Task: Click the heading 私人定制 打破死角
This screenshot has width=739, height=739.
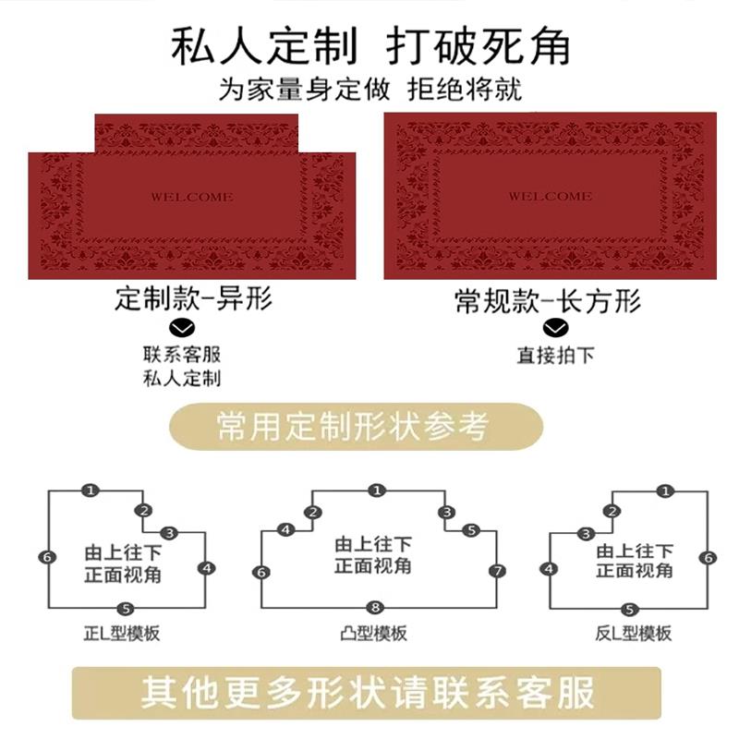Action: pos(369,46)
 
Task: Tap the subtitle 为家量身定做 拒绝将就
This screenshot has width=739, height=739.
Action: pos(369,91)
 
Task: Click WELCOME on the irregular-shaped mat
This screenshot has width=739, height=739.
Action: pos(191,197)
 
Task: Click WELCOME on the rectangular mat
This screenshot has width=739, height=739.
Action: pos(550,197)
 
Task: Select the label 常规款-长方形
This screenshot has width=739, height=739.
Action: pos(548,300)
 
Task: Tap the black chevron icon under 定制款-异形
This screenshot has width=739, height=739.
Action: pos(184,328)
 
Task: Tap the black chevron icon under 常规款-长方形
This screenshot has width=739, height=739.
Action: pos(554,328)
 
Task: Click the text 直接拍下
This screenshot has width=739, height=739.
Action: pos(554,355)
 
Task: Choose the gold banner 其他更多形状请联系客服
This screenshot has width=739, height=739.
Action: pos(368,692)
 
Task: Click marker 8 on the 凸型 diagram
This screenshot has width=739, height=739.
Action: pos(374,607)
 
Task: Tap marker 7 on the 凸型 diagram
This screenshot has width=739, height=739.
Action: pos(498,571)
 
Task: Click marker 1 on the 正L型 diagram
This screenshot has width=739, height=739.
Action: pos(91,491)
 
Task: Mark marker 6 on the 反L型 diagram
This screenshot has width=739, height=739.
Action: pos(708,558)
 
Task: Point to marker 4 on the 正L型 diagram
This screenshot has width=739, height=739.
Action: pos(206,567)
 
